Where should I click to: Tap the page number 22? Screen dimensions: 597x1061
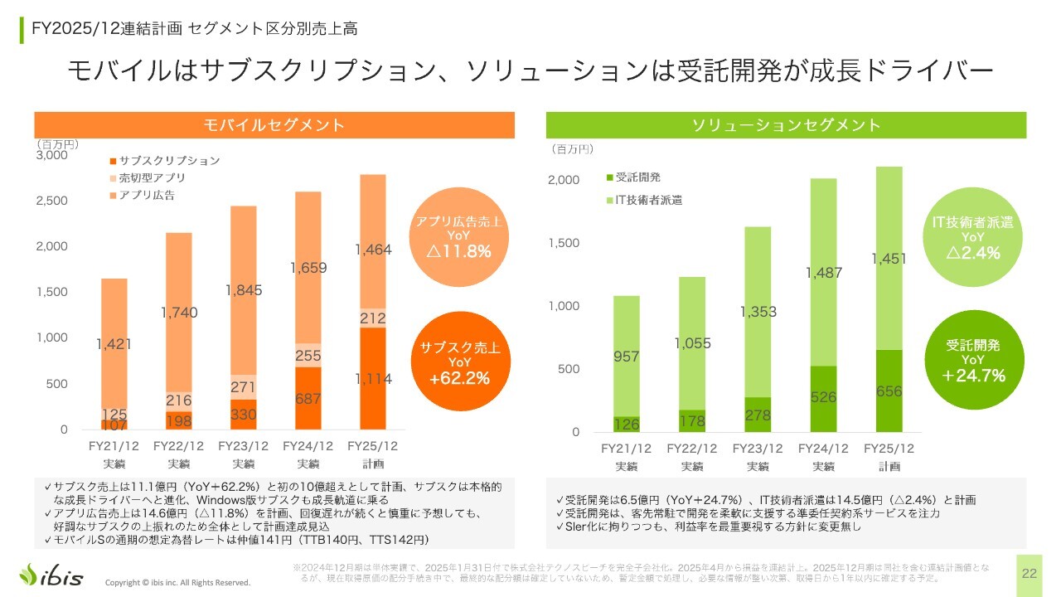pyautogui.click(x=1030, y=573)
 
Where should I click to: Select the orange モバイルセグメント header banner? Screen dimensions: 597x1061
pyautogui.click(x=274, y=125)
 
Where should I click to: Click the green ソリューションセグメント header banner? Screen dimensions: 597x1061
pyautogui.click(x=786, y=125)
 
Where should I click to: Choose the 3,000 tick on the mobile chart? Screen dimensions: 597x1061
pyautogui.click(x=52, y=155)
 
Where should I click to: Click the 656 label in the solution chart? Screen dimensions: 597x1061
pyautogui.click(x=889, y=391)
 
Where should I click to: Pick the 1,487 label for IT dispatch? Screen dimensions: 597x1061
pyautogui.click(x=823, y=272)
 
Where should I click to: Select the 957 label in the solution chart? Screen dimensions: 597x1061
pyautogui.click(x=627, y=357)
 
